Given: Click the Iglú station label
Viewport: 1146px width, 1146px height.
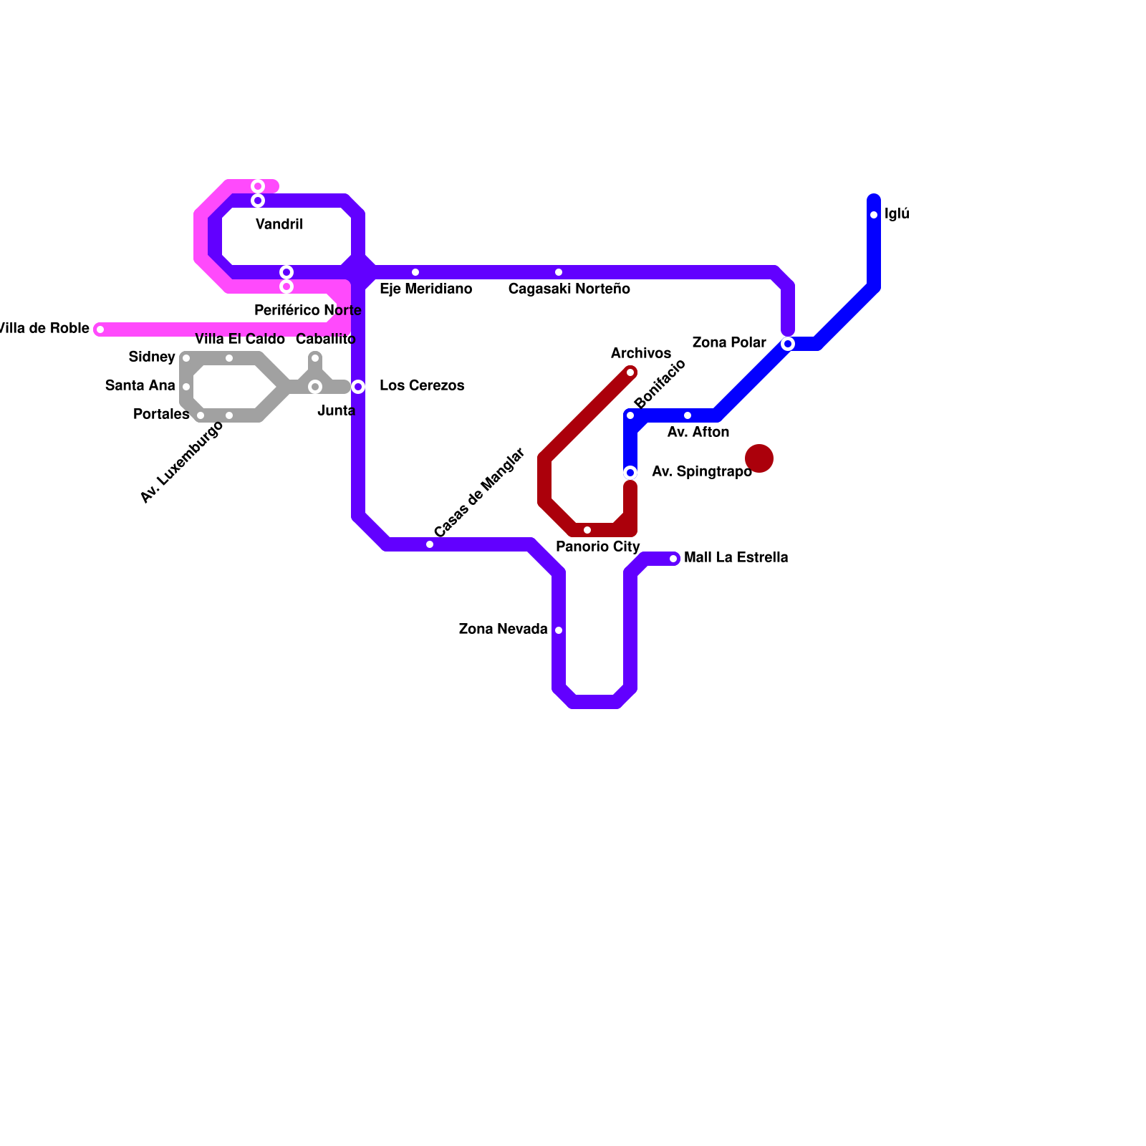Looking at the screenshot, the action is (x=897, y=214).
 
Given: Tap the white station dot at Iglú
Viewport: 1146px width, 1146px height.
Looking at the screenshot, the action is (x=874, y=215).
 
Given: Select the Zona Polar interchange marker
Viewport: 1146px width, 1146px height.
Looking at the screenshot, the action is (x=788, y=344).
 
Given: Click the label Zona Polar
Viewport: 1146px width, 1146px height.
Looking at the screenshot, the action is (x=729, y=343).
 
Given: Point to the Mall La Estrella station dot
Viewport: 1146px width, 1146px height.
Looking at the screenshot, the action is (x=673, y=559).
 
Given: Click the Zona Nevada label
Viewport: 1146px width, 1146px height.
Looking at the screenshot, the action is (x=503, y=630).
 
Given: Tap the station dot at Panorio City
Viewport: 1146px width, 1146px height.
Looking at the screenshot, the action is (x=587, y=530).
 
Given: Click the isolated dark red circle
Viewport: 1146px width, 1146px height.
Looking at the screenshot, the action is (x=759, y=458).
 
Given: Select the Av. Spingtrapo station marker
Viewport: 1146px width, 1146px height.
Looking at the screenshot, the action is (x=630, y=473).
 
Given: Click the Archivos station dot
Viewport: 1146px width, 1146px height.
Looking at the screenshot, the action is (x=630, y=372).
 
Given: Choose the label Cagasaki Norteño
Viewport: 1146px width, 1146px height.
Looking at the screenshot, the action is (x=569, y=289).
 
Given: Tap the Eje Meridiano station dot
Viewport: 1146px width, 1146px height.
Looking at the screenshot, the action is (x=415, y=272).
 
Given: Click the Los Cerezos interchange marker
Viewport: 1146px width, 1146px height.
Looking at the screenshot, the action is (x=358, y=387).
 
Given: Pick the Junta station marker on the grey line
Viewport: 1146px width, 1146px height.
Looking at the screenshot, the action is (x=315, y=387).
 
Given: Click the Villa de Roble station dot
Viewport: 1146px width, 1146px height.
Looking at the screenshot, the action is (x=100, y=329).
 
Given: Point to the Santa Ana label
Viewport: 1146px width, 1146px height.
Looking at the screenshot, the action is (x=140, y=386).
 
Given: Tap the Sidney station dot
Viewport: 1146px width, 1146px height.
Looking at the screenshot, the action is (x=186, y=358).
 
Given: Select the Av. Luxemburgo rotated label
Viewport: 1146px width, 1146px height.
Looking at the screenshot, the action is (x=182, y=463).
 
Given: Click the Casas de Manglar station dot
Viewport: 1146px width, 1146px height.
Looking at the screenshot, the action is (x=430, y=544).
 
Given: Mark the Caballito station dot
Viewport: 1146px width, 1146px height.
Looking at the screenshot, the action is (x=315, y=358).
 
